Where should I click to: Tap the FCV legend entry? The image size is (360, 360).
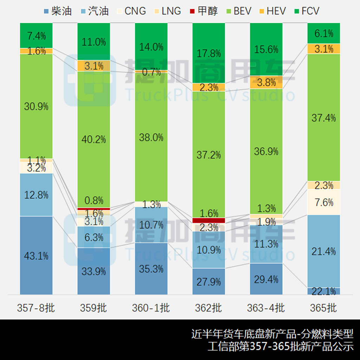coord(306,11)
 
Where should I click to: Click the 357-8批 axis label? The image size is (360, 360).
coord(36,308)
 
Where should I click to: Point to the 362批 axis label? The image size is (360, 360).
coord(208,308)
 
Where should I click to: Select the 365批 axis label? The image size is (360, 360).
coord(323,308)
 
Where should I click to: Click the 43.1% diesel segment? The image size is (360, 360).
coord(36,256)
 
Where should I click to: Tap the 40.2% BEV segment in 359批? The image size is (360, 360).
coord(94,139)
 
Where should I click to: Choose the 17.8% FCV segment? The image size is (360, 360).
coord(208,53)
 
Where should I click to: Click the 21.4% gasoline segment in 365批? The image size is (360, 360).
coord(323,251)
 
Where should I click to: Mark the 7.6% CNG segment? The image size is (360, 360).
coord(323,202)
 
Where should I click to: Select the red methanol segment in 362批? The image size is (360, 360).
coord(208,220)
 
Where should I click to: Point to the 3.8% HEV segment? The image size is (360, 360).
coord(266,83)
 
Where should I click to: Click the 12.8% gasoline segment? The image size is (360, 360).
coord(36,195)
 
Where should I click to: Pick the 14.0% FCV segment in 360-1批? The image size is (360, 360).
coord(151,46)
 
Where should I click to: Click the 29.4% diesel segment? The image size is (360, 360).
coord(266,279)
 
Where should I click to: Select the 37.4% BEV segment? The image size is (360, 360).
coord(323,117)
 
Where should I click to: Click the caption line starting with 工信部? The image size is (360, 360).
coord(280,347)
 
